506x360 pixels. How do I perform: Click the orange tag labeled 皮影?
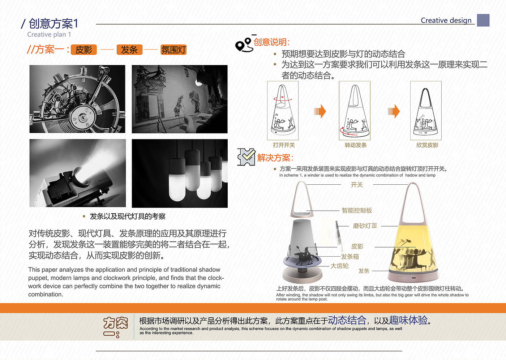tap(83, 50)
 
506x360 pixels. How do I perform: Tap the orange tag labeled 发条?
tap(129, 50)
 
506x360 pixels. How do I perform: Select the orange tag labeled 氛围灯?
tap(173, 50)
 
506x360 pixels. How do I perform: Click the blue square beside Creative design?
tap(483, 20)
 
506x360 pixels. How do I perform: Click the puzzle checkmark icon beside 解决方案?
tap(246, 157)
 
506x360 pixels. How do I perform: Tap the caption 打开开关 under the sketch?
tap(284, 145)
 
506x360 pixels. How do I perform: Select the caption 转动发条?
tap(356, 145)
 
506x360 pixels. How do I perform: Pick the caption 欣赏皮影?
tap(427, 145)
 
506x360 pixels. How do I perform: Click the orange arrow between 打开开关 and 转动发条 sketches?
tap(320, 111)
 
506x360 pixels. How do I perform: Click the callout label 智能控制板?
tap(357, 210)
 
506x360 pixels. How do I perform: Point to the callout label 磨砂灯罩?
tap(365, 226)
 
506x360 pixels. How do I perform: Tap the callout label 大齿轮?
tap(339, 266)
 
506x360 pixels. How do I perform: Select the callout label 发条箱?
tap(350, 257)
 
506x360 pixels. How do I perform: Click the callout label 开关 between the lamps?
tap(357, 185)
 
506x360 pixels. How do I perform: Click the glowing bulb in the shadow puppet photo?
tap(198, 84)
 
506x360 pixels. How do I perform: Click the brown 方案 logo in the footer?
tap(115, 327)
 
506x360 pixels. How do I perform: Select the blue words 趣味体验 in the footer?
tap(408, 320)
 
